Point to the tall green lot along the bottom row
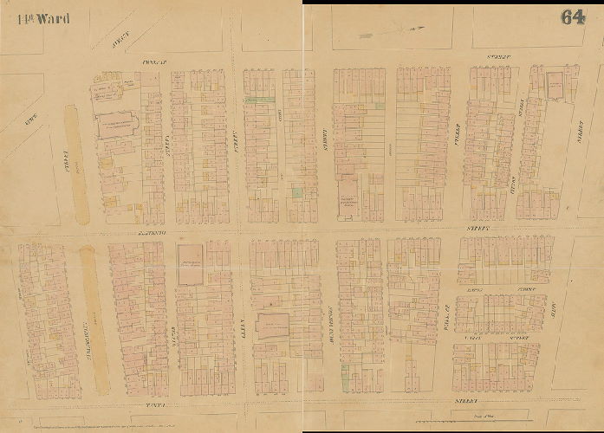click(x=346, y=373)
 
